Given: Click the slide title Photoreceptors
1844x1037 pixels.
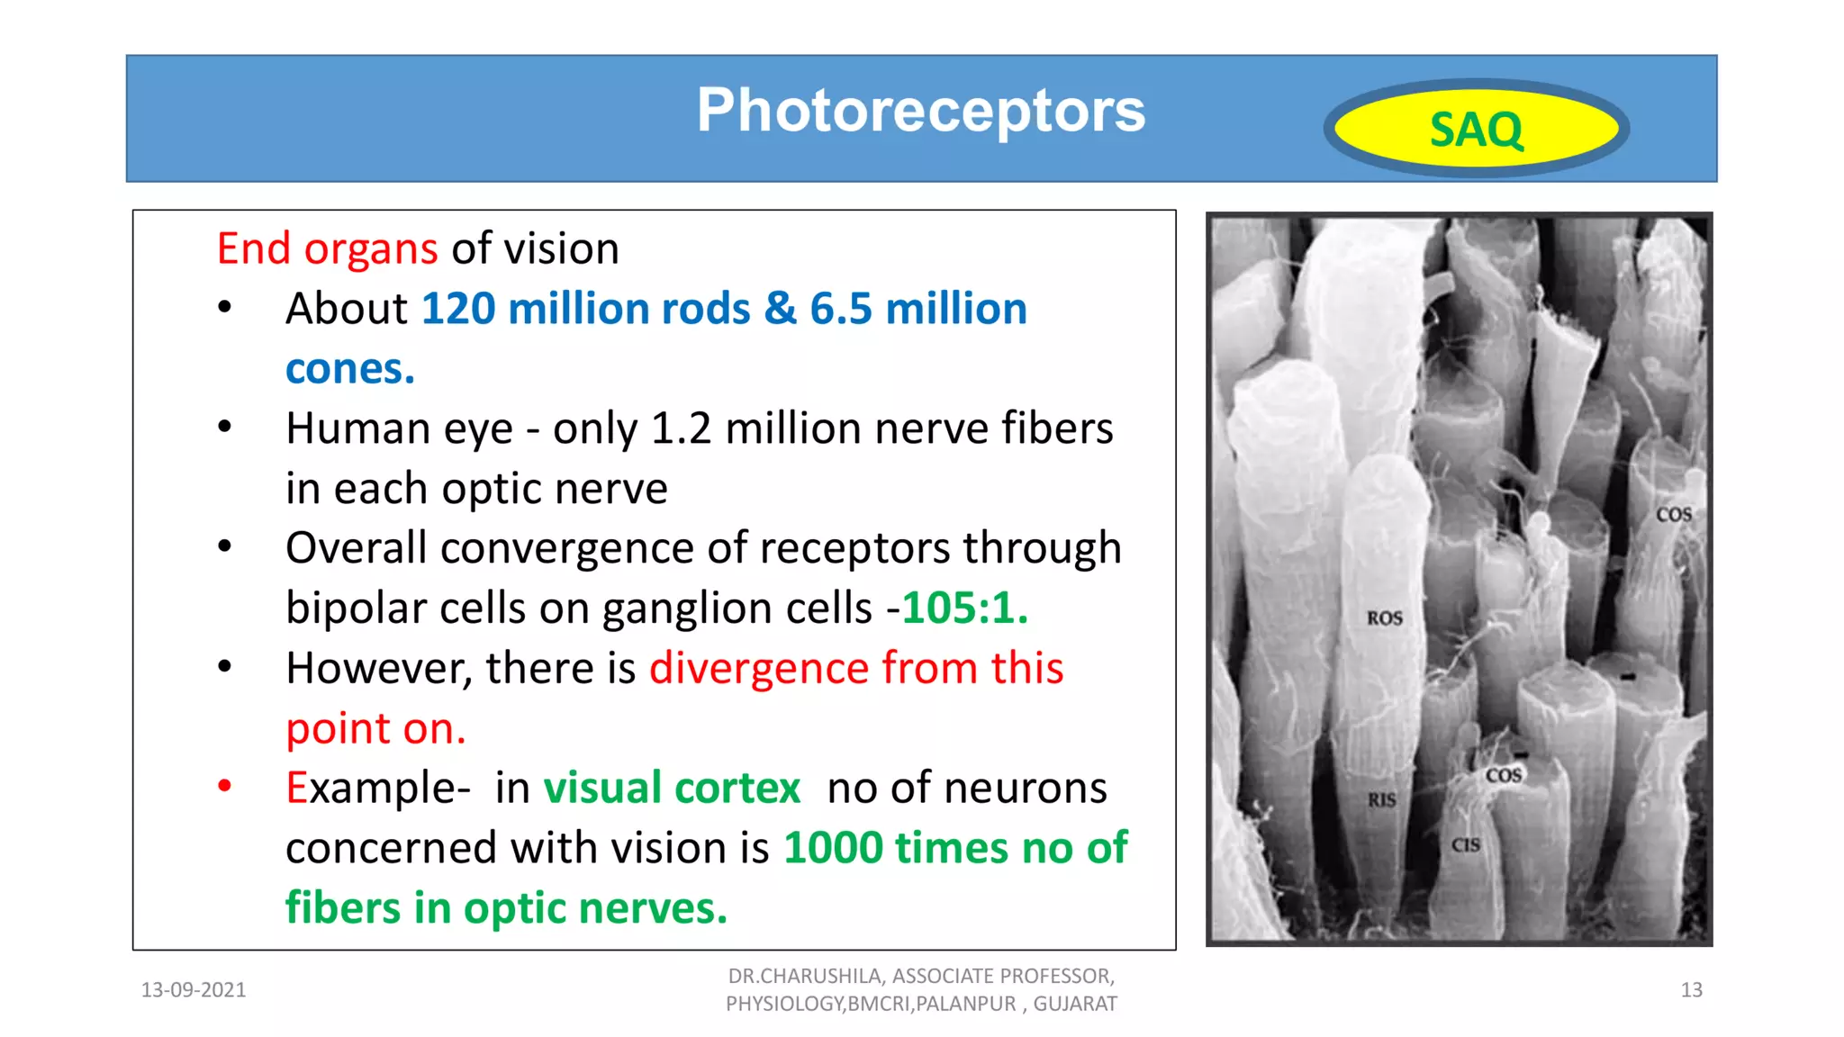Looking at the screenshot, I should click(920, 111).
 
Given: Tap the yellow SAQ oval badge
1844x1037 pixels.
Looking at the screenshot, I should click(1476, 129).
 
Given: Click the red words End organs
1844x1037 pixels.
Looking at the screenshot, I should click(327, 248).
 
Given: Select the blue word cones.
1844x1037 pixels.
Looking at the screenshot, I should click(349, 369).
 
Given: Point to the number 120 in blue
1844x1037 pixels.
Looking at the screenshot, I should click(458, 309).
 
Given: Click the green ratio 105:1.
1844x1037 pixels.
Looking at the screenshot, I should click(964, 609).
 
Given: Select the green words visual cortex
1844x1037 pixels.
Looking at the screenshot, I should click(672, 789).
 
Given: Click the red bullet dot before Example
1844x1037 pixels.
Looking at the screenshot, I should click(225, 786).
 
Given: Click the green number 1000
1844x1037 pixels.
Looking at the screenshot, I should click(834, 848).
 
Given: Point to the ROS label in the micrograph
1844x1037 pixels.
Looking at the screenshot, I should click(1384, 618).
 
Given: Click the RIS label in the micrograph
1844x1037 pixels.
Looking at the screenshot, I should click(1381, 799).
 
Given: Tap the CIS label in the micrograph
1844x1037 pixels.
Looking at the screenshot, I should click(1465, 845).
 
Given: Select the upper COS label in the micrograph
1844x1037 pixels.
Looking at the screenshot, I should click(1673, 515).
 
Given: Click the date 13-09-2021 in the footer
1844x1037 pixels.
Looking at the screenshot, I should click(194, 990).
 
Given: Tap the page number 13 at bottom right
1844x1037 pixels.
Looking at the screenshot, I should click(1691, 990).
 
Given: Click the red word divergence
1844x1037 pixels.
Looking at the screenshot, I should click(759, 669).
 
